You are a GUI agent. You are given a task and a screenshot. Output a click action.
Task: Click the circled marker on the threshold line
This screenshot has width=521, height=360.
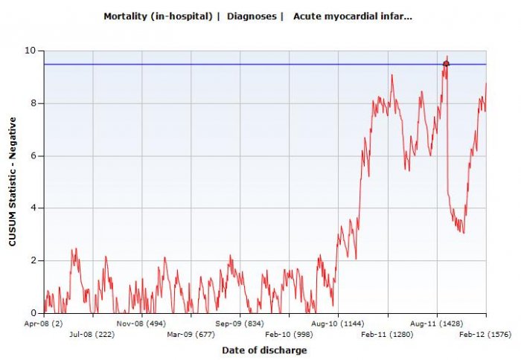pos(446,64)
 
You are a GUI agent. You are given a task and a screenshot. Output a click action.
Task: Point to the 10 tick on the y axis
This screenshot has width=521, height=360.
pos(30,51)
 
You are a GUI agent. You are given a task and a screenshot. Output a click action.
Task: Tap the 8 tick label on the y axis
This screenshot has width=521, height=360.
pos(33,103)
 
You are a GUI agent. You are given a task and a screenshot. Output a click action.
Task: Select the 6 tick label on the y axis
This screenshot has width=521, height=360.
pos(33,155)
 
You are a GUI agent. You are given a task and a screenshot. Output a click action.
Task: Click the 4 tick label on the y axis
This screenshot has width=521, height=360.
pos(33,208)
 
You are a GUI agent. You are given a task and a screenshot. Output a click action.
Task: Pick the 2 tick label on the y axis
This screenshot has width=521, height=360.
pos(33,260)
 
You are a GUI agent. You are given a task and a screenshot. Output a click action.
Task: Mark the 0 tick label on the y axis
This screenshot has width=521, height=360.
pos(33,313)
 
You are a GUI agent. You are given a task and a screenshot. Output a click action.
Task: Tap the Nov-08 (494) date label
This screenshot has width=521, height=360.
pos(141,324)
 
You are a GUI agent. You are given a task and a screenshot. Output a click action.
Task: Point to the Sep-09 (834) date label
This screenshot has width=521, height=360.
pos(240,324)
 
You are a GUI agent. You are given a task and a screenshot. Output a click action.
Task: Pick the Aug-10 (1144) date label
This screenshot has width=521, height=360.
pos(339,324)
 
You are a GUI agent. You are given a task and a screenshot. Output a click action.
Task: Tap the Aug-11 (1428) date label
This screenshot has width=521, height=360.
pos(437,324)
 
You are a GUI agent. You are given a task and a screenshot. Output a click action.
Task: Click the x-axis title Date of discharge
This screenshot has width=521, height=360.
pos(264,350)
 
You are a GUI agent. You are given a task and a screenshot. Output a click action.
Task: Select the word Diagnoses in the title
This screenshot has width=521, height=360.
pos(252,16)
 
